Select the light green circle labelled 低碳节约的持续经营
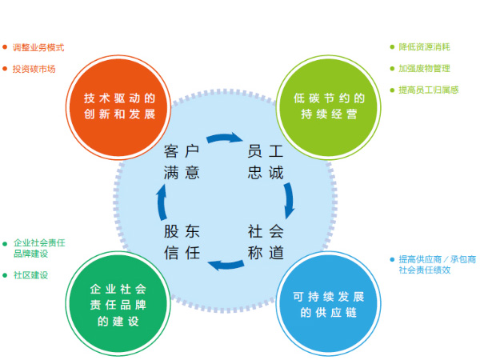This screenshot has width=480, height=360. pos(329,106)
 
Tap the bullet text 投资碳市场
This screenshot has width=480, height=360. pos(34,69)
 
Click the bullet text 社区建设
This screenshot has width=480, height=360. pos(30,274)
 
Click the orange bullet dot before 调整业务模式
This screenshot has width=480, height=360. pos(5,47)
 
